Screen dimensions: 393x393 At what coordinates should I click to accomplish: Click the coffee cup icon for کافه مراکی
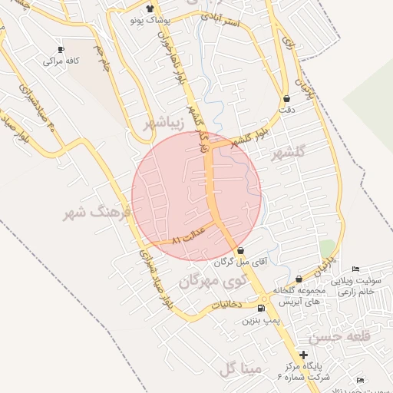pyautogui.click(x=61, y=49)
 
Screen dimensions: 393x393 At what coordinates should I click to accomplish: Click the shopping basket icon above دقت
pyautogui.click(x=287, y=99)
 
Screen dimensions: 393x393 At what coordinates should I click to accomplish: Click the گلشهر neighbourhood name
pyautogui.click(x=289, y=152)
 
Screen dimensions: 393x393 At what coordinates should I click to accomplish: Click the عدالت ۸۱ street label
pyautogui.click(x=187, y=239)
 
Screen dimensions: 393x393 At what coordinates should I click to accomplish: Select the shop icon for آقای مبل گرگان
pyautogui.click(x=241, y=251)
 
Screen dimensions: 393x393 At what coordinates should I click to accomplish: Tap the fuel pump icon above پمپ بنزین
pyautogui.click(x=261, y=309)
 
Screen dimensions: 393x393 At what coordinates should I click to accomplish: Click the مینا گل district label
pyautogui.click(x=241, y=369)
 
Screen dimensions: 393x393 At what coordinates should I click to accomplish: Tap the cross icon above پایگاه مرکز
pyautogui.click(x=305, y=355)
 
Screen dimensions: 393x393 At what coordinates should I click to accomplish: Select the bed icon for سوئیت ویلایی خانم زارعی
pyautogui.click(x=354, y=269)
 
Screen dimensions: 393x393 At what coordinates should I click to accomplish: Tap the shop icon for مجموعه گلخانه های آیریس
pyautogui.click(x=298, y=279)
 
